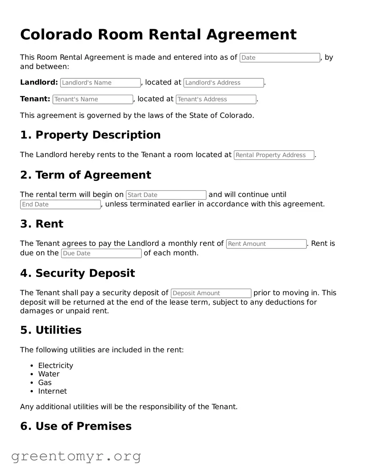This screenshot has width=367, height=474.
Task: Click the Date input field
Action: [280, 58]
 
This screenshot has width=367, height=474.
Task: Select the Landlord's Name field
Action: [100, 83]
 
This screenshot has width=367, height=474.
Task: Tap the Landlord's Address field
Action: [224, 83]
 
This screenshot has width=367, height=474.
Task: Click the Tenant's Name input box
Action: [93, 99]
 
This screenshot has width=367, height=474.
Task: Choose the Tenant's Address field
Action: [216, 99]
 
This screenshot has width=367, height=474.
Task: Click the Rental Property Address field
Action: [274, 155]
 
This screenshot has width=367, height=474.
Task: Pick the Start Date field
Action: [166, 195]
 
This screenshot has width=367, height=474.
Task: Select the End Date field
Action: [60, 205]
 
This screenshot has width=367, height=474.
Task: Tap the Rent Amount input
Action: [266, 244]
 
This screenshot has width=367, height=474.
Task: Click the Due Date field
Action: [101, 253]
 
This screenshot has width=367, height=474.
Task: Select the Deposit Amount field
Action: [211, 293]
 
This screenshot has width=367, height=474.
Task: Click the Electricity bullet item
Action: [55, 366]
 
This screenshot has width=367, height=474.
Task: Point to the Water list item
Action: [49, 374]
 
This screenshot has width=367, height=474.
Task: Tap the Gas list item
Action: [45, 383]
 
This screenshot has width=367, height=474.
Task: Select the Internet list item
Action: [52, 391]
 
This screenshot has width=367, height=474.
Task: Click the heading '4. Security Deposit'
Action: [78, 273]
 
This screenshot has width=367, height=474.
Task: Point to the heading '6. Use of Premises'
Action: [76, 426]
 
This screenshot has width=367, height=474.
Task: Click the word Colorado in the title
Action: [56, 35]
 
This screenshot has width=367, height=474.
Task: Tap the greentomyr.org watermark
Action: [76, 456]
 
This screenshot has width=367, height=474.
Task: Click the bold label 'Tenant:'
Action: [35, 99]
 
